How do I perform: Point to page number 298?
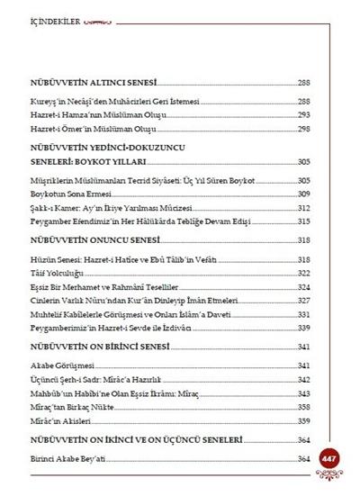[304, 130]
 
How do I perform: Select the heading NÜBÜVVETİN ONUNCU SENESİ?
[101, 240]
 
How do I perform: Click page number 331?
[304, 312]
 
